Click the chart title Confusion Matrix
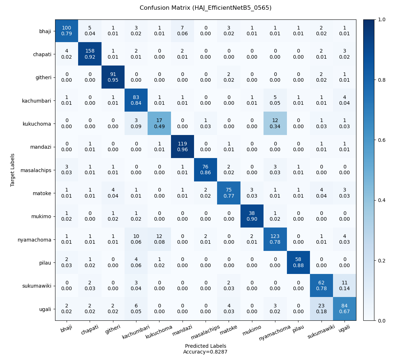pyautogui.click(x=206, y=8)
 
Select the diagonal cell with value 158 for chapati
pyautogui.click(x=90, y=54)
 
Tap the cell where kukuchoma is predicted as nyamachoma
pyautogui.click(x=275, y=123)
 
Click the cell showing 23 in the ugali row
pyautogui.click(x=321, y=309)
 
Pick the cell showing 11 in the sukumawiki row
pyautogui.click(x=345, y=285)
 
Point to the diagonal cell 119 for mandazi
pyautogui.click(x=183, y=147)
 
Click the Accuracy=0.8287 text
pyautogui.click(x=206, y=352)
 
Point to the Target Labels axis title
pyautogui.click(x=13, y=170)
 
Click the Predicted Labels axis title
pyautogui.click(x=206, y=346)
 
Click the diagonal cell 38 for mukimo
pyautogui.click(x=252, y=216)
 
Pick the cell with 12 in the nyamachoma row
pyautogui.click(x=159, y=239)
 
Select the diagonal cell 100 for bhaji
pyautogui.click(x=67, y=31)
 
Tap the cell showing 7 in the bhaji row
pyautogui.click(x=183, y=31)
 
